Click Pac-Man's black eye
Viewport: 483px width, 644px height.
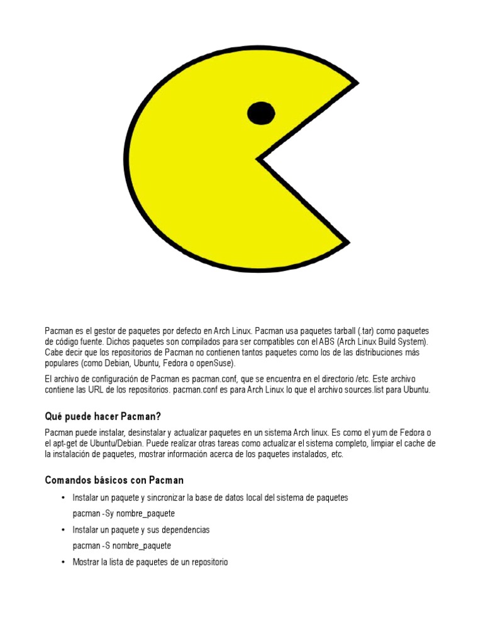pyautogui.click(x=261, y=113)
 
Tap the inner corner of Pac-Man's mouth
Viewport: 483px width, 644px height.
pyautogui.click(x=258, y=159)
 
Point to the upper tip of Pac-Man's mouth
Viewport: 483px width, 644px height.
pyautogui.click(x=357, y=82)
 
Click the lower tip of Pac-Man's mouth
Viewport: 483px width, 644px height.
pyautogui.click(x=348, y=241)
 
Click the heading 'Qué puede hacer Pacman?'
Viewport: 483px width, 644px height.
pyautogui.click(x=104, y=416)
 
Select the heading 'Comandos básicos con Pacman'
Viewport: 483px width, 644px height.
pyautogui.click(x=114, y=480)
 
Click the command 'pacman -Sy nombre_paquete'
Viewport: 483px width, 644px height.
pyautogui.click(x=123, y=513)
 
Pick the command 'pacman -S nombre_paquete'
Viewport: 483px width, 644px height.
pyautogui.click(x=121, y=545)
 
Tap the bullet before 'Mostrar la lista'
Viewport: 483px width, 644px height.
pyautogui.click(x=63, y=562)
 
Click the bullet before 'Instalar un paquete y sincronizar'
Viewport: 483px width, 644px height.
pyautogui.click(x=63, y=497)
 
